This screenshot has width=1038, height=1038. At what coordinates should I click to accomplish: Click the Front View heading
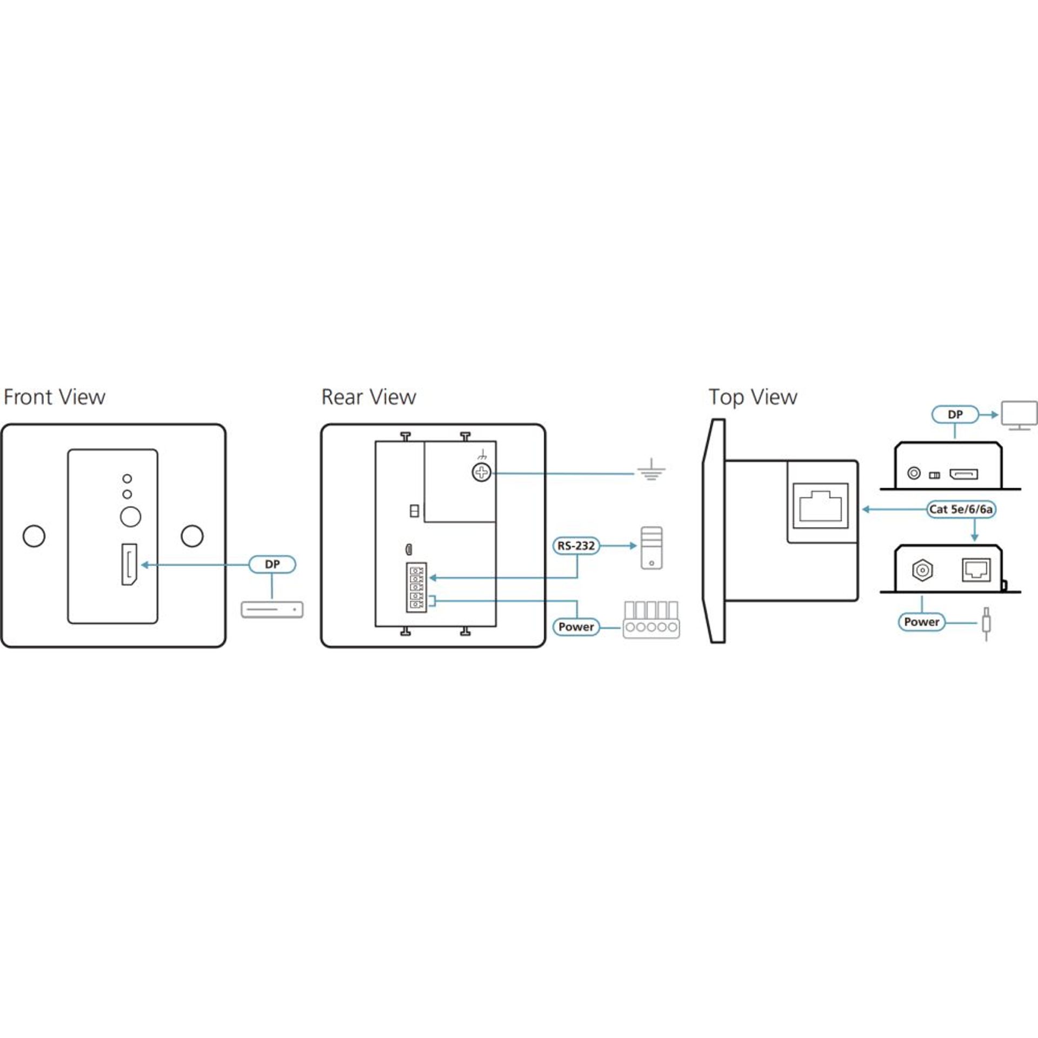point(55,397)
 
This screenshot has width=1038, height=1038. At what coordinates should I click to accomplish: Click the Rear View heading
point(369,397)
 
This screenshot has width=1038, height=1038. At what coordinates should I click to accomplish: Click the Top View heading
point(753,397)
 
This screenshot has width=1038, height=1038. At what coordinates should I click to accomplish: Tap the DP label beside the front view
point(272,564)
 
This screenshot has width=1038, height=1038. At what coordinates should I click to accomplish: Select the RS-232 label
point(576,546)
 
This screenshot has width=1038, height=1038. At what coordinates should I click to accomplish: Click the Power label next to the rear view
point(576,627)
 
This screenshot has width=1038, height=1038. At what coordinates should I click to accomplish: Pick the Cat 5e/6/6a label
point(961,509)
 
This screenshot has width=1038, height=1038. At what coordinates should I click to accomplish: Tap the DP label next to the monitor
point(955,415)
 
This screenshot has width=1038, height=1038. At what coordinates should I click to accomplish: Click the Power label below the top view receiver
point(922,622)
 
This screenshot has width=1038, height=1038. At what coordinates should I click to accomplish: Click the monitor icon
point(1019,415)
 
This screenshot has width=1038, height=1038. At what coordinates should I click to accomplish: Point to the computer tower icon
point(651,548)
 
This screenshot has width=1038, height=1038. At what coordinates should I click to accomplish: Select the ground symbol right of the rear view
point(651,471)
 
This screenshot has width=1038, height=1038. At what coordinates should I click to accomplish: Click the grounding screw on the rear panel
point(482,474)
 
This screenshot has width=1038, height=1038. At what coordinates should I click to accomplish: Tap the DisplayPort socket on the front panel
point(129,564)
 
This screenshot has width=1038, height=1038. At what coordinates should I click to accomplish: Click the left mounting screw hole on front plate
point(34,536)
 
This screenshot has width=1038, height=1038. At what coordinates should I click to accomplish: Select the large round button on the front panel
point(130,516)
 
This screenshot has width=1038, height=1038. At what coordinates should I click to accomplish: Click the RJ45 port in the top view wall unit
point(820,506)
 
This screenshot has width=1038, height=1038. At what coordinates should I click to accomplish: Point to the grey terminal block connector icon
point(651,620)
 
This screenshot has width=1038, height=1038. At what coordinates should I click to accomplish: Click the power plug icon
point(986,624)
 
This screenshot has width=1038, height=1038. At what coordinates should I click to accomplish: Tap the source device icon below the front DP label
point(272,610)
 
